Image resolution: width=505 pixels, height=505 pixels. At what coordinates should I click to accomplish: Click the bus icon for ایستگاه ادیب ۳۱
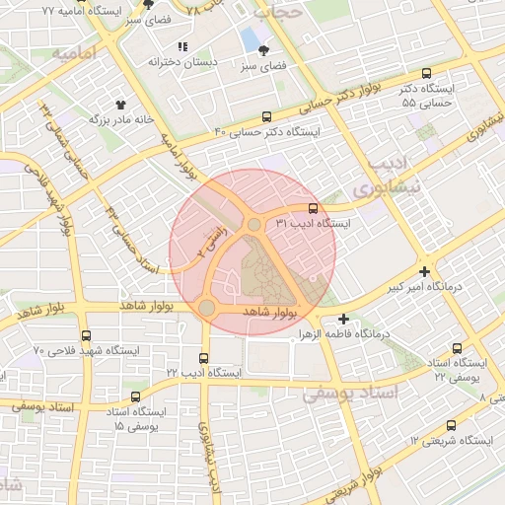coord(313,208)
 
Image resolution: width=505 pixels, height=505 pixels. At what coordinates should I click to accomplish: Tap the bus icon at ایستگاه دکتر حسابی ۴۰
coord(267,116)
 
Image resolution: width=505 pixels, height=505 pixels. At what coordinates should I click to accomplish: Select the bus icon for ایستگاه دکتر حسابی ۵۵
coord(426,74)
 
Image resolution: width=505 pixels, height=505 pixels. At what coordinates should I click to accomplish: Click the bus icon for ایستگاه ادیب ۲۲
coord(204,358)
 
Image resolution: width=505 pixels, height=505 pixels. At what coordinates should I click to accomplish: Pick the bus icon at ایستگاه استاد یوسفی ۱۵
coord(135,397)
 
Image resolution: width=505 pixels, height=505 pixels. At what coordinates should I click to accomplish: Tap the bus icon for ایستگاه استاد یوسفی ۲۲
coord(456,348)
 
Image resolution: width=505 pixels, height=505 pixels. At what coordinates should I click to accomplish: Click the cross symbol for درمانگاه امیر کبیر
coord(424,271)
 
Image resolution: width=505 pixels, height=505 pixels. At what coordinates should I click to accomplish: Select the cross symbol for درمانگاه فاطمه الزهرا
coord(343,319)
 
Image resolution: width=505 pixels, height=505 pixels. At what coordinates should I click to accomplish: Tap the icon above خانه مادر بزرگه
coord(121,103)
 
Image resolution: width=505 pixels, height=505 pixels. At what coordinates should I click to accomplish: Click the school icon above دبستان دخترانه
coord(181,46)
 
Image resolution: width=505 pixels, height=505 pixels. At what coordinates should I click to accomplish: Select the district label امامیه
coord(75,52)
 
